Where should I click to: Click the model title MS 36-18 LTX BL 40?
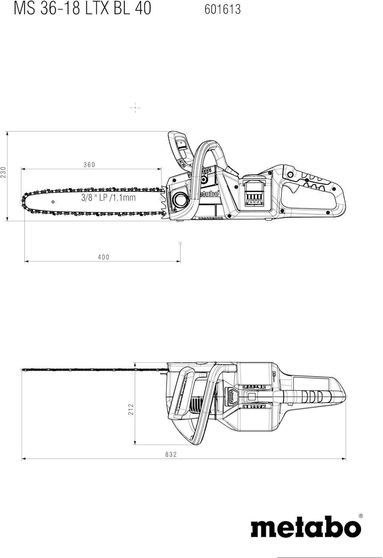(82, 8)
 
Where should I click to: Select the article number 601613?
(223, 9)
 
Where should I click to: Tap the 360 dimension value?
(89, 165)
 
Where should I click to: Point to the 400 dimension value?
(103, 257)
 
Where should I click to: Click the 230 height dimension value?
(4, 172)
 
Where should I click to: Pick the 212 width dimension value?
(131, 409)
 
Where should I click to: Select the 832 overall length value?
(171, 455)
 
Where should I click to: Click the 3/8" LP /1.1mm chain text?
(108, 198)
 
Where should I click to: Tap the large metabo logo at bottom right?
(306, 527)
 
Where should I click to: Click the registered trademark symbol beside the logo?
(360, 516)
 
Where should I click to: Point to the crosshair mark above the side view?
(135, 108)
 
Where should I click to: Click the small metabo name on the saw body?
(210, 194)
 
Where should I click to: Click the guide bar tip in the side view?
(23, 201)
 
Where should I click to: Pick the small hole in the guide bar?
(53, 202)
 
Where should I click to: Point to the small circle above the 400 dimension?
(180, 243)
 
